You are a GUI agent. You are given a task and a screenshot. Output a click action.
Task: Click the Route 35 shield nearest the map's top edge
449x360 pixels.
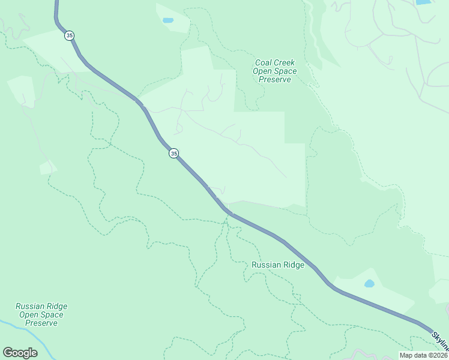tap(70, 36)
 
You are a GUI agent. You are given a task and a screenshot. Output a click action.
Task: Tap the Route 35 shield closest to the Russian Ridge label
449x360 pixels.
tap(173, 154)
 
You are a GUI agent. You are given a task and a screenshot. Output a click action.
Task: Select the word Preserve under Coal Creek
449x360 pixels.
tap(276, 79)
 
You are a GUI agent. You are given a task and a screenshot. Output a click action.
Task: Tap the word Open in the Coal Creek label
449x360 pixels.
tap(263, 71)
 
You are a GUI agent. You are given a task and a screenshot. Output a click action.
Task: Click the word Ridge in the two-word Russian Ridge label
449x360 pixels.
tap(294, 265)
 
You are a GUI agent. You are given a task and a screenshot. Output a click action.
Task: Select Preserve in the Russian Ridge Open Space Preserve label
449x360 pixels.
tap(41, 323)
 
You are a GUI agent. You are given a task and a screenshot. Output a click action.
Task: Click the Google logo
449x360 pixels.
tap(20, 353)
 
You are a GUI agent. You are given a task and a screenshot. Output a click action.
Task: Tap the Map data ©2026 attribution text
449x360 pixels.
tap(423, 355)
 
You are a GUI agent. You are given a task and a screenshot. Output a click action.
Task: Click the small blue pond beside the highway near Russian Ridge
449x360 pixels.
tap(369, 283)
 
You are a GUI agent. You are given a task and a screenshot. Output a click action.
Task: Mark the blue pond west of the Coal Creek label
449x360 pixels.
tap(167, 20)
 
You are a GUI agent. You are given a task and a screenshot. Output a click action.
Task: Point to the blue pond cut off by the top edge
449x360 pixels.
tap(424, 2)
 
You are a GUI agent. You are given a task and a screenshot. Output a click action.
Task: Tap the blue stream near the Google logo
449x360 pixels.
tap(9, 327)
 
